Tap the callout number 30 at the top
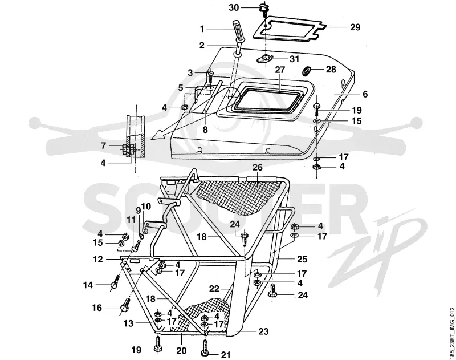234,7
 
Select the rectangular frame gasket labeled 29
288,27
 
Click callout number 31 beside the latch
294,59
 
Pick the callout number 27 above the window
280,70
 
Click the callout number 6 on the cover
365,94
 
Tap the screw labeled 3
210,76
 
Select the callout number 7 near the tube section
104,145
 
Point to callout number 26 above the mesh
258,167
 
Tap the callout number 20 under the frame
181,350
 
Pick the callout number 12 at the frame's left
98,259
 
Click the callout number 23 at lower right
263,331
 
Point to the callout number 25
302,259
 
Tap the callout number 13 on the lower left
128,323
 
